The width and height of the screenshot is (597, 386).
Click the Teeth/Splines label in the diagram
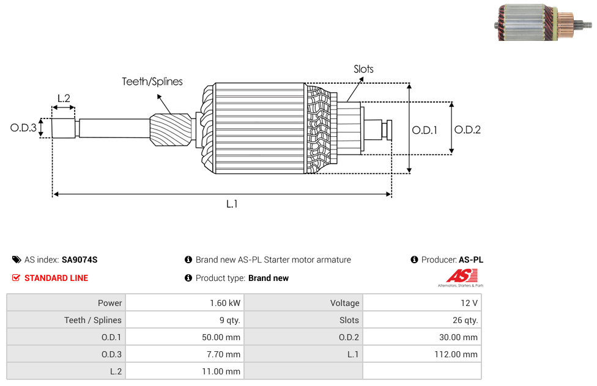(x=152, y=82)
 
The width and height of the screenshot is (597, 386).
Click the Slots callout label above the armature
(x=363, y=69)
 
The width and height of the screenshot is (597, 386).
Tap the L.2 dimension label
(x=64, y=98)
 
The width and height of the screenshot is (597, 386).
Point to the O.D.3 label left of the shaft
(x=23, y=128)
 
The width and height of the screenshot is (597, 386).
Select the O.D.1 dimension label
(x=425, y=131)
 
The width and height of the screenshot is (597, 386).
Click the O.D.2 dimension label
(x=467, y=130)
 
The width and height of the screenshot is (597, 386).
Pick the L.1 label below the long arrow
(x=232, y=204)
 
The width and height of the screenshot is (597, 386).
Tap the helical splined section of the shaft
(x=171, y=129)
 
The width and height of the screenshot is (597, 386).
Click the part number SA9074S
(x=80, y=260)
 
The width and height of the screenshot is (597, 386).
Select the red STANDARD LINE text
(x=56, y=278)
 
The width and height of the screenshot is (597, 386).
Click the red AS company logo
(x=461, y=278)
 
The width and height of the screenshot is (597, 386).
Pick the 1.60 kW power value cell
(x=185, y=303)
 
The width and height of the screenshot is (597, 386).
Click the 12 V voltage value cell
(x=422, y=303)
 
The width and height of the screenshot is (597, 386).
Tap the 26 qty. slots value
(x=465, y=320)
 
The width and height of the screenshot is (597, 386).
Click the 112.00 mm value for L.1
(x=456, y=354)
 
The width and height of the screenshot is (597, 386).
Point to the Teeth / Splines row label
(x=93, y=320)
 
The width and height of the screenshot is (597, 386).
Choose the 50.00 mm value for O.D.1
(x=221, y=337)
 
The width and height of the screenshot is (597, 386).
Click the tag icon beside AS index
(x=17, y=260)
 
